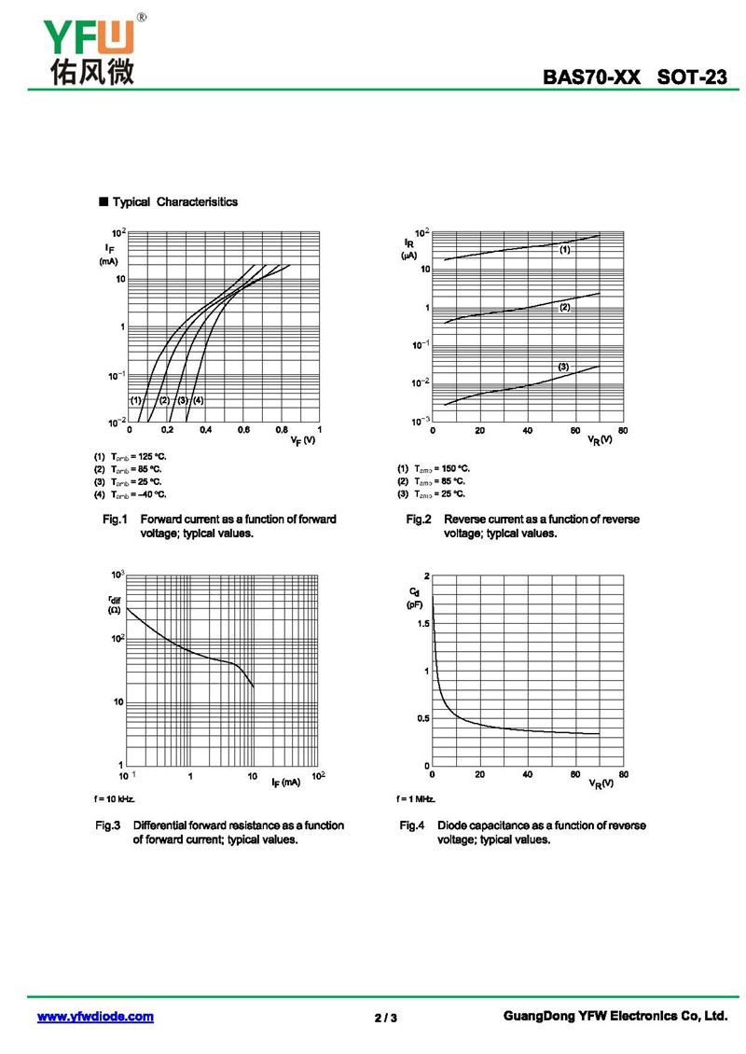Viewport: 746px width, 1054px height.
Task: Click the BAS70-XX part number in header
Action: [592, 78]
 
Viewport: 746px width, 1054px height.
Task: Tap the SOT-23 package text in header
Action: [691, 78]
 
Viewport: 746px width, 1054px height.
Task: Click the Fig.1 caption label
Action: [114, 519]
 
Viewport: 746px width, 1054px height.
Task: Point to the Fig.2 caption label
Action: [418, 519]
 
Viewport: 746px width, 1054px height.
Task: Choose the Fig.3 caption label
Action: [108, 825]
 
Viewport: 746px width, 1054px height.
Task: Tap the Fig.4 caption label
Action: [412, 825]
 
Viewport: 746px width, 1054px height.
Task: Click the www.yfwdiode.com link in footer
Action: [95, 1017]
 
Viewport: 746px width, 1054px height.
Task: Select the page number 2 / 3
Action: [385, 1018]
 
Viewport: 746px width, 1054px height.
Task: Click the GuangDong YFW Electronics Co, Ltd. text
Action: [614, 1017]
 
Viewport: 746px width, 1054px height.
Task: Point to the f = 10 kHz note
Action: [115, 799]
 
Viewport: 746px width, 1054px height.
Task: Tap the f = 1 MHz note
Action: [416, 799]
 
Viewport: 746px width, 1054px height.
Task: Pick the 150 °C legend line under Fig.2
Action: [433, 468]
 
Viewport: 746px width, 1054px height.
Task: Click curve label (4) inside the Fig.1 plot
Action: [198, 400]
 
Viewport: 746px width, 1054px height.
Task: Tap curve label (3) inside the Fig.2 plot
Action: [563, 367]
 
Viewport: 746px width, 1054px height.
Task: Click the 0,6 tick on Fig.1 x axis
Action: [243, 431]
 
